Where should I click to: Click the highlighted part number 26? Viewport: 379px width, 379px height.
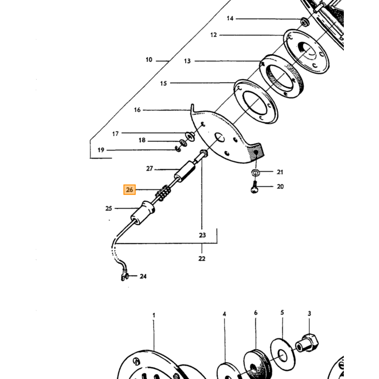pos(129,190)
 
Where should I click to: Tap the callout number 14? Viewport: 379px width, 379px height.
pos(230,18)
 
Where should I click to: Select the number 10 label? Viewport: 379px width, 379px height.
pos(149,60)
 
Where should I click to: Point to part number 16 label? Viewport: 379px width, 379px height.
pos(138,110)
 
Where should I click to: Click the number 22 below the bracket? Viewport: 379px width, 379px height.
pos(202,258)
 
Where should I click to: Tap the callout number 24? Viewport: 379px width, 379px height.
pos(143,276)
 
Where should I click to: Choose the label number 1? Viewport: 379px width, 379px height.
pos(154,315)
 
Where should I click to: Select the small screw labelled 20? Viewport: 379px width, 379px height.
pos(254,187)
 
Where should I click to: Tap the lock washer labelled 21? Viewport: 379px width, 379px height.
pos(255,173)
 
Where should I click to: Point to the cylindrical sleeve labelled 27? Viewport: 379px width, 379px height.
pos(186,172)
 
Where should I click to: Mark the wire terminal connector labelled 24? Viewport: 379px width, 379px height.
pos(124,277)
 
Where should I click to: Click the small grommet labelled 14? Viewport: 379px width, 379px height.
pos(304,21)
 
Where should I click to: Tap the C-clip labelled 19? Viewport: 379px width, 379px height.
pos(178,149)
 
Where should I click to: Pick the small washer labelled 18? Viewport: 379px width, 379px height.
pos(183,142)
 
